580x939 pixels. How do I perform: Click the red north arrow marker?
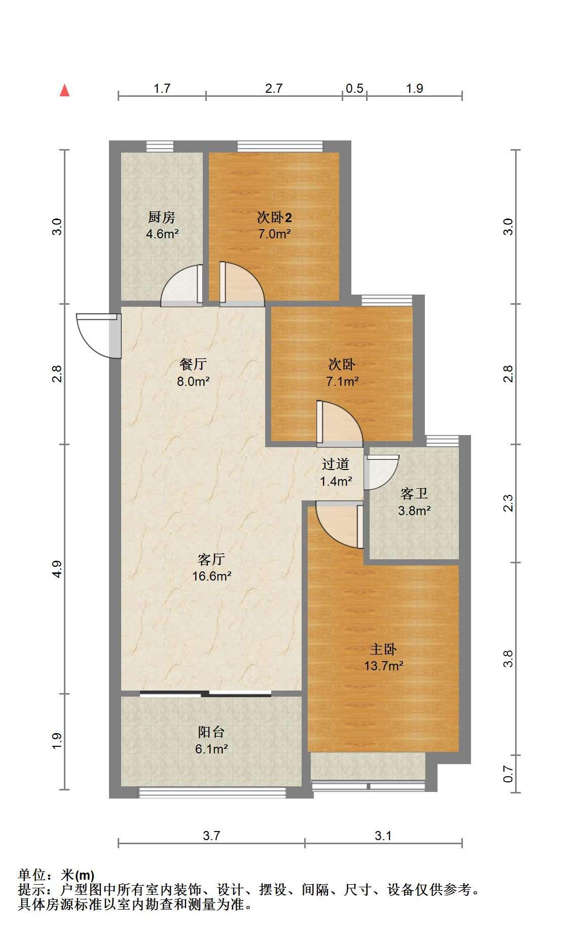click(64, 90)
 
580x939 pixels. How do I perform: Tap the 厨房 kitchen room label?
click(162, 218)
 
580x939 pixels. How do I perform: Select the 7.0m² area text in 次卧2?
click(274, 234)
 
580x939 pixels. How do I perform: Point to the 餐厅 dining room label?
click(193, 364)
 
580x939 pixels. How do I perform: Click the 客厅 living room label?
click(211, 559)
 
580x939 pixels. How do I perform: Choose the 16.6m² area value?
click(212, 576)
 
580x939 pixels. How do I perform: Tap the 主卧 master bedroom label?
click(383, 649)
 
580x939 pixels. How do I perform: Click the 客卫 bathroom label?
click(414, 493)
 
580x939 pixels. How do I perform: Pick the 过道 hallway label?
click(336, 464)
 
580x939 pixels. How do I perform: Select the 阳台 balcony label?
click(211, 732)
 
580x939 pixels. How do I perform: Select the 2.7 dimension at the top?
click(274, 88)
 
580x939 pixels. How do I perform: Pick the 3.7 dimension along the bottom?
click(211, 836)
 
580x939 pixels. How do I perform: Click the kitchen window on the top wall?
click(160, 146)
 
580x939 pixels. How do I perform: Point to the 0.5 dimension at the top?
click(354, 88)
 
